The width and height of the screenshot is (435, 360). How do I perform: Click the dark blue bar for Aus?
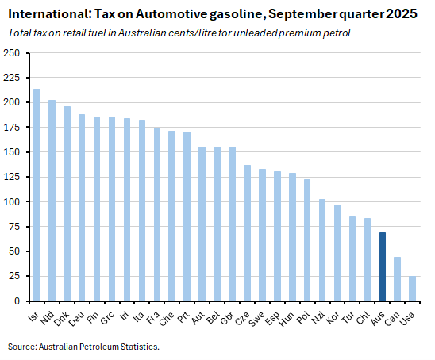pos(382,266)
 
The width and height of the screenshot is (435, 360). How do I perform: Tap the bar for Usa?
pos(412,289)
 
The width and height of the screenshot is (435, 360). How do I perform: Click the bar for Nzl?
pos(322,250)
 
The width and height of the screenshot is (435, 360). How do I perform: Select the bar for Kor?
pos(337,253)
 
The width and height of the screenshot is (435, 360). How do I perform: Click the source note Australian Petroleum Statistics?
pos(94,347)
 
